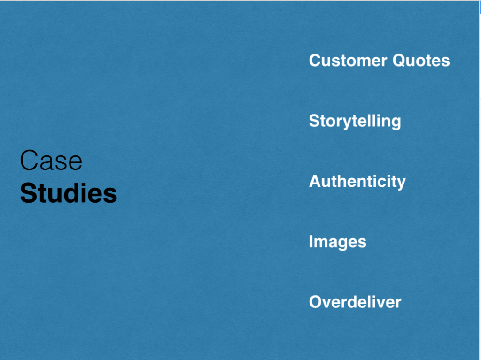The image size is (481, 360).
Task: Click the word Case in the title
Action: click(x=51, y=160)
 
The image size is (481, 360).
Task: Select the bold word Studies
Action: click(x=69, y=193)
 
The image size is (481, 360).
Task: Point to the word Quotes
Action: click(x=421, y=61)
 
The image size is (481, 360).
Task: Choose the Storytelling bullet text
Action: click(x=355, y=121)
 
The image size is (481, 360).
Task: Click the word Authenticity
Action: click(x=357, y=181)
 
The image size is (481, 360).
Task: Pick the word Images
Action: click(x=337, y=242)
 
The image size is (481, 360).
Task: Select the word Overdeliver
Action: click(x=355, y=302)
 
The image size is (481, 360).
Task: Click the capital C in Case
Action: click(x=29, y=160)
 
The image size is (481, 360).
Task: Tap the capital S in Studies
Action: click(x=28, y=193)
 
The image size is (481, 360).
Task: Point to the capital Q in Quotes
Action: click(x=400, y=61)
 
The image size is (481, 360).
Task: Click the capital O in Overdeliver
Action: click(x=316, y=302)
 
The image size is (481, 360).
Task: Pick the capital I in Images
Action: click(x=311, y=241)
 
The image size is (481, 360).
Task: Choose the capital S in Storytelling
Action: click(x=315, y=121)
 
